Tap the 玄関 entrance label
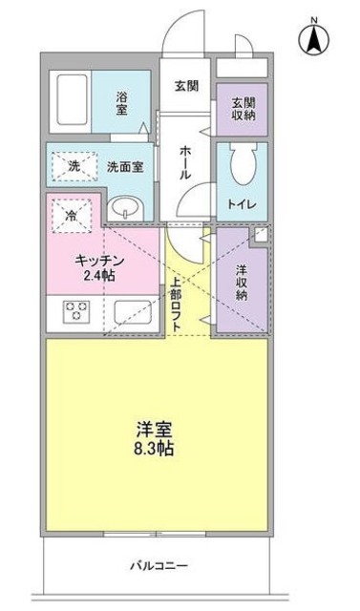point(185,86)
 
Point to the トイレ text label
point(237,204)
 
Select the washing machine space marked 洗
point(74,167)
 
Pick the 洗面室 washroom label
point(124,167)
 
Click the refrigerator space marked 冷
point(70,216)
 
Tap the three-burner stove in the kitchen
point(76,312)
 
